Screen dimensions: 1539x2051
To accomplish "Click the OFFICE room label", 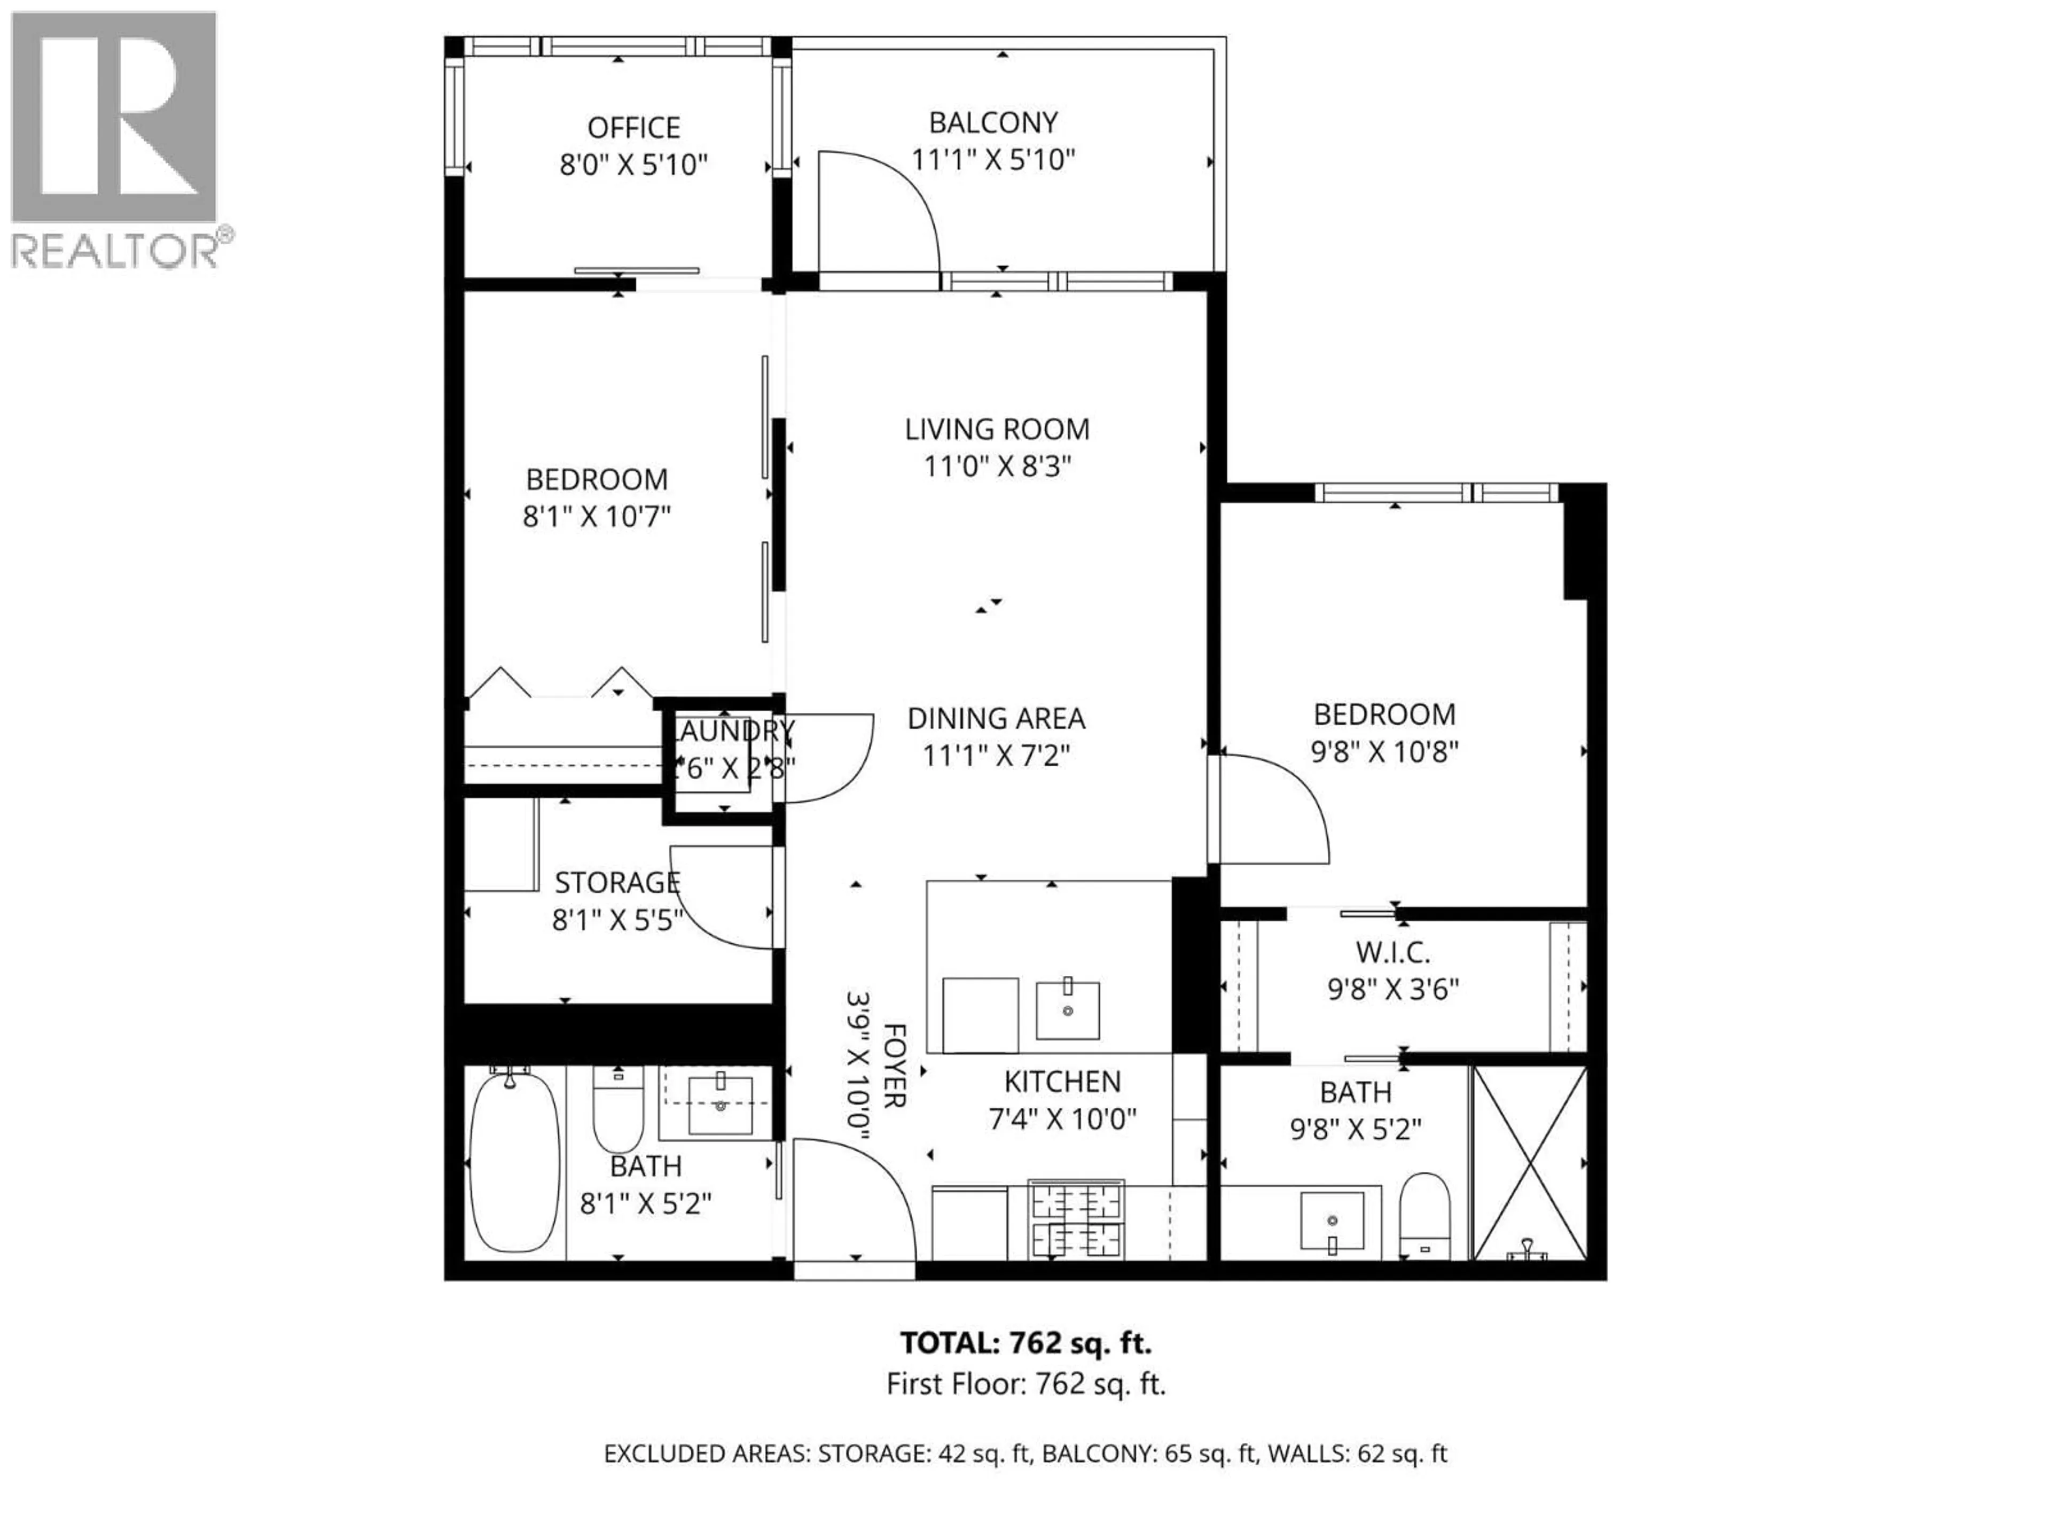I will pyautogui.click(x=633, y=127).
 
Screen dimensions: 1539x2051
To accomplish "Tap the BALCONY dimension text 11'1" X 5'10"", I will pyautogui.click(x=992, y=160).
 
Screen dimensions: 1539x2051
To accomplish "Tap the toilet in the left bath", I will pyautogui.click(x=617, y=1109).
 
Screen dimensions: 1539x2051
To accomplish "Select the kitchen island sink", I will pyautogui.click(x=1067, y=1010).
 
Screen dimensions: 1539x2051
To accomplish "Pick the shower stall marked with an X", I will pyautogui.click(x=1530, y=1162).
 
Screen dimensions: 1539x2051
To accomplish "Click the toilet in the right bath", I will pyautogui.click(x=1423, y=1215).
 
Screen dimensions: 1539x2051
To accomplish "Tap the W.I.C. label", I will pyautogui.click(x=1392, y=952).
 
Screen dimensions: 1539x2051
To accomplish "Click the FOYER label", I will pyautogui.click(x=894, y=1065).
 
